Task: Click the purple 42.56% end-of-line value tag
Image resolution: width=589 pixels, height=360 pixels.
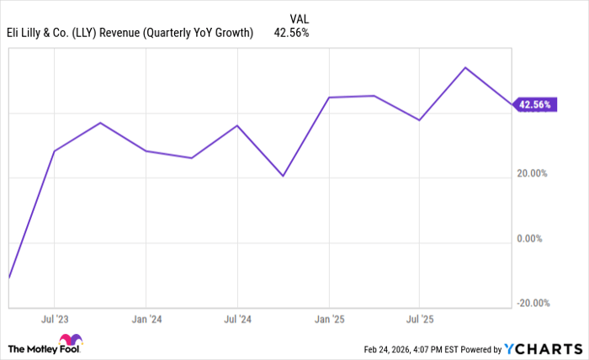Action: (x=535, y=105)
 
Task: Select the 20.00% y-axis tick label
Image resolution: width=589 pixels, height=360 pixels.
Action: (x=532, y=173)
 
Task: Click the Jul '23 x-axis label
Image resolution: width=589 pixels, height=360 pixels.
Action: (x=54, y=320)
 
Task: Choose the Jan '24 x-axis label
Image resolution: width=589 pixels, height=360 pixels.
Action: (x=146, y=320)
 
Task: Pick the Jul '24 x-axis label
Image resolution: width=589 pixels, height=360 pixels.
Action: (x=237, y=320)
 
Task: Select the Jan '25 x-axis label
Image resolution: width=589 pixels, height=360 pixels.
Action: (x=329, y=320)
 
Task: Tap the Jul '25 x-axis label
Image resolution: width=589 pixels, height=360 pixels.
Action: (x=420, y=320)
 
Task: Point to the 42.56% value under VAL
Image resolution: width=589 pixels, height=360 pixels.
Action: (x=292, y=34)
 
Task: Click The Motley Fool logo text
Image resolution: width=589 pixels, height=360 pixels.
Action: (x=44, y=347)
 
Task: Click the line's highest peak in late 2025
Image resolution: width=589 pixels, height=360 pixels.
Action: (x=465, y=67)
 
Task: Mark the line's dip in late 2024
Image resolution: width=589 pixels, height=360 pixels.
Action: (x=283, y=176)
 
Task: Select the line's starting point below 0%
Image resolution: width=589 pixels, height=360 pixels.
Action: (x=9, y=277)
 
